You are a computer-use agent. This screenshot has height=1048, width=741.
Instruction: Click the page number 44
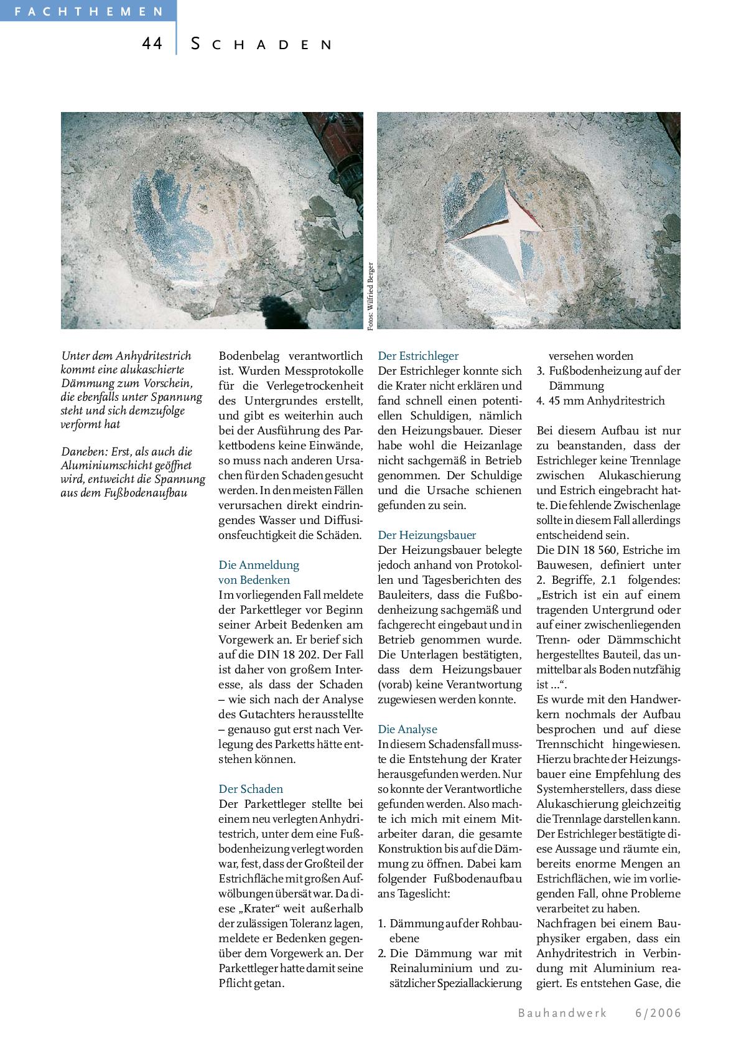(152, 44)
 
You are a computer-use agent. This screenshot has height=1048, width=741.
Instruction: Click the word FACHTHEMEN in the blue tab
(88, 11)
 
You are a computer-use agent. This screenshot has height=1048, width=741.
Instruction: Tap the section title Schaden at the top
(261, 44)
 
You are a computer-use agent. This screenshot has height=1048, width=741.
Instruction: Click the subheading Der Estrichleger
(417, 356)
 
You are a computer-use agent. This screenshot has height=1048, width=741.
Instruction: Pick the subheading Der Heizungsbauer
(427, 535)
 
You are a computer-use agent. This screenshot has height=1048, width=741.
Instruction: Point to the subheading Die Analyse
(407, 729)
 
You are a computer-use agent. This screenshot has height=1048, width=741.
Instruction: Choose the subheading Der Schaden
(251, 789)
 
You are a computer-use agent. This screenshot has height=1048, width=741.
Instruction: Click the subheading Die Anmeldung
(259, 565)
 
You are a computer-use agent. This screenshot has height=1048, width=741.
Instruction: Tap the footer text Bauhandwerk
(562, 1013)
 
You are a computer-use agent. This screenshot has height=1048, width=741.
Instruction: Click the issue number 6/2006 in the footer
(658, 1013)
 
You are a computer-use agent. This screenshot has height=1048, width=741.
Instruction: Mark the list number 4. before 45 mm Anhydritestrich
(541, 401)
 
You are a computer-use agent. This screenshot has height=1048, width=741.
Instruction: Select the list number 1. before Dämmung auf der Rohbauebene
(383, 924)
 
